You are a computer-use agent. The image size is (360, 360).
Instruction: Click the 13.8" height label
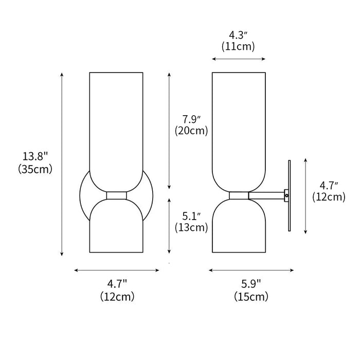click(35, 156)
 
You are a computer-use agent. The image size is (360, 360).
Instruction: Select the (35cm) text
click(35, 169)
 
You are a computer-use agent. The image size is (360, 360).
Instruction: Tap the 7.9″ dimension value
click(191, 120)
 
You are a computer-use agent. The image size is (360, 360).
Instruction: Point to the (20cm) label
click(191, 131)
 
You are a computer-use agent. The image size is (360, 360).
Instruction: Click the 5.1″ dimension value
click(191, 217)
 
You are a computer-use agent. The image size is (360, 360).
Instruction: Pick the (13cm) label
click(191, 228)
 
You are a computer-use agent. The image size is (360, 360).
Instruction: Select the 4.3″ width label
click(238, 35)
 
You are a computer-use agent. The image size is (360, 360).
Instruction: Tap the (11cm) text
click(238, 47)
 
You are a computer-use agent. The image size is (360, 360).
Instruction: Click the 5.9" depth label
click(251, 284)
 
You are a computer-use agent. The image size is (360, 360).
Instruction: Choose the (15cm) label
click(251, 297)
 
